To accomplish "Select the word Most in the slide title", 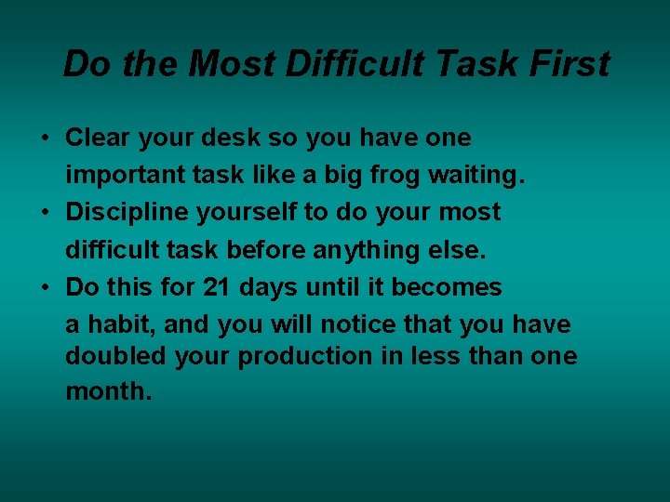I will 235,64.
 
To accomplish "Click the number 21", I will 216,287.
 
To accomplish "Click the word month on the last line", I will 105,391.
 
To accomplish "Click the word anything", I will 357,250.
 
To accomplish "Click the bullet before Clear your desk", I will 44,139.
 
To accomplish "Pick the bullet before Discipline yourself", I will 44,213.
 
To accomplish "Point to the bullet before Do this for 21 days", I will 44,287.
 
